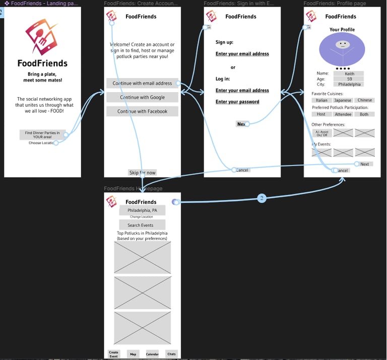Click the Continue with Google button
pyautogui.click(x=142, y=97)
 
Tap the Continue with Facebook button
pyautogui.click(x=142, y=111)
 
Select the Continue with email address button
pyautogui.click(x=142, y=83)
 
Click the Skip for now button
pyautogui.click(x=142, y=173)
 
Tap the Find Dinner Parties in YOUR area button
pyautogui.click(x=42, y=134)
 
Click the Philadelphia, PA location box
pyautogui.click(x=142, y=210)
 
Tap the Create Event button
pyautogui.click(x=114, y=354)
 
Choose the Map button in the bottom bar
pyautogui.click(x=133, y=354)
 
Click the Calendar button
pyautogui.click(x=152, y=354)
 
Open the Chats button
pyautogui.click(x=171, y=354)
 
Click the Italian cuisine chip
pyautogui.click(x=321, y=100)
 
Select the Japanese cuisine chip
pyautogui.click(x=343, y=100)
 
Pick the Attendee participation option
pyautogui.click(x=343, y=114)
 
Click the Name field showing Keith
pyautogui.click(x=349, y=74)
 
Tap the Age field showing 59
pyautogui.click(x=349, y=79)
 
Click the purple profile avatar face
pyautogui.click(x=342, y=50)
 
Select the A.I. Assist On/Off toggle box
pyautogui.click(x=321, y=133)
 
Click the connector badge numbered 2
pyautogui.click(x=262, y=198)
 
